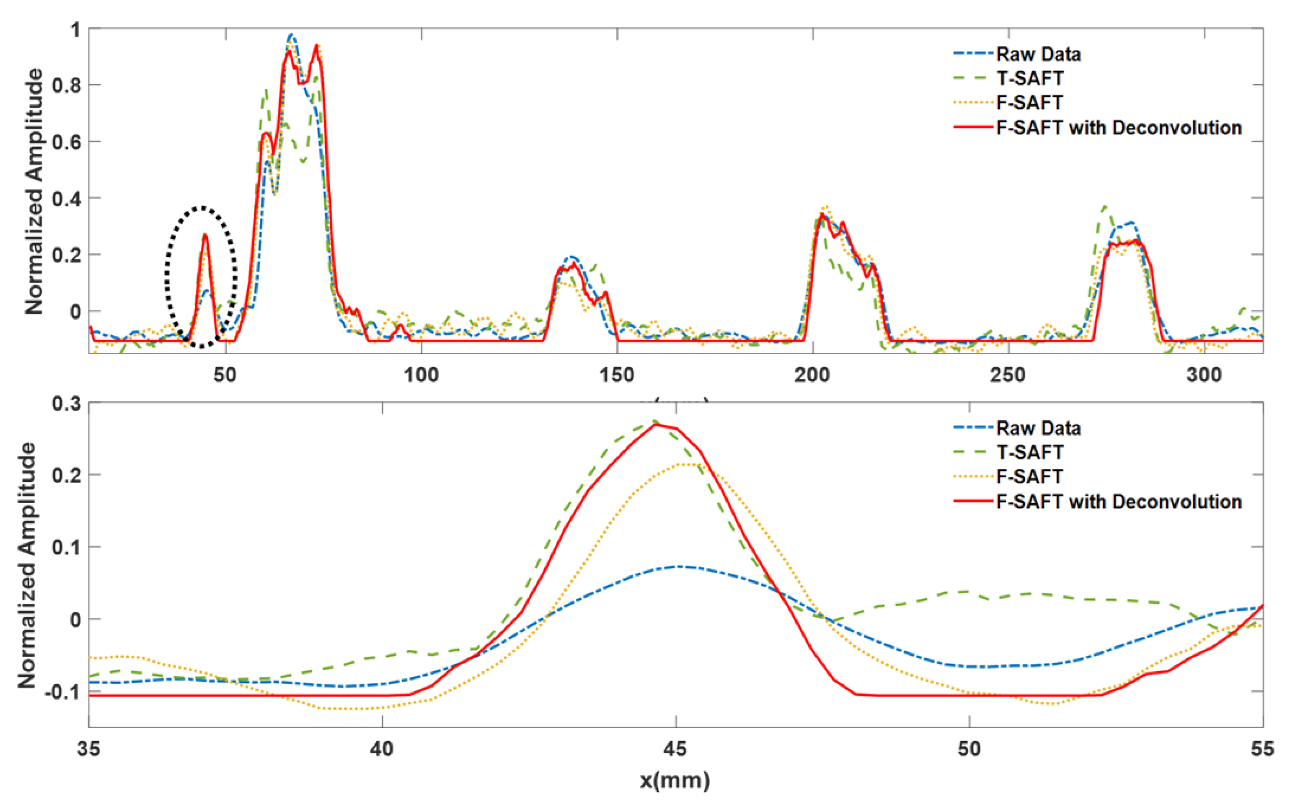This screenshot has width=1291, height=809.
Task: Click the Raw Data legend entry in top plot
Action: click(1038, 54)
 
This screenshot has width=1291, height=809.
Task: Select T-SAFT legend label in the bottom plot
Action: click(1030, 452)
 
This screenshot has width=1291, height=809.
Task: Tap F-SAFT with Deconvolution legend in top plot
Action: click(1119, 128)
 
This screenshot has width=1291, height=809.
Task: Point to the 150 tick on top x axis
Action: click(617, 375)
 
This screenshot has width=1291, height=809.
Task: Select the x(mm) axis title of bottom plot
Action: click(676, 780)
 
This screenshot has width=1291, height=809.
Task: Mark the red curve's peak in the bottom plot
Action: click(656, 425)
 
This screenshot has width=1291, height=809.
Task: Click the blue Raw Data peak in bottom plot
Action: click(678, 566)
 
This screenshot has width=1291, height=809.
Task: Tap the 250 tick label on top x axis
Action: click(1008, 375)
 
